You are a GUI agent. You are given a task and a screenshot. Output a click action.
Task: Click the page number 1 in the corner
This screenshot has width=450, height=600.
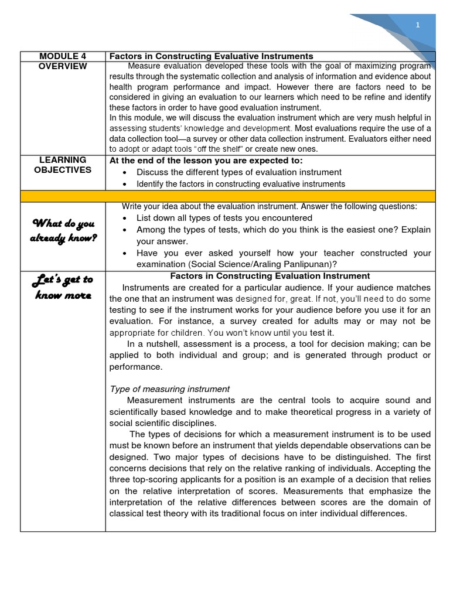pos(418,25)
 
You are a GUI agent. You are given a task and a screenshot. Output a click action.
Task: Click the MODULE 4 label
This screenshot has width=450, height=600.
pos(63,56)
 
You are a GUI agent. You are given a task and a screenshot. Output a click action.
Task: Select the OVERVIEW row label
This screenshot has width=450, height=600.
pos(63,66)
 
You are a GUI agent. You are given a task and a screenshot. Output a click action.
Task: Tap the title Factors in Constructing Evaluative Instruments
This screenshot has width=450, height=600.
pos(212,56)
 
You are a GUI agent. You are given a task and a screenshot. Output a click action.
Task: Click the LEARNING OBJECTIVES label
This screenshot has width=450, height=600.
pos(63,165)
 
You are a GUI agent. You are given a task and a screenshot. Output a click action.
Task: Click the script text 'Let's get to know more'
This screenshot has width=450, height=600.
pos(63,287)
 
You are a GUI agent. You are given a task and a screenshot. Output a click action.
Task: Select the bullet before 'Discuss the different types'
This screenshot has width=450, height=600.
pos(127,172)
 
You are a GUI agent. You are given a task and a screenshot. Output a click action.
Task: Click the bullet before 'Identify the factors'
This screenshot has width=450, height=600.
pos(127,184)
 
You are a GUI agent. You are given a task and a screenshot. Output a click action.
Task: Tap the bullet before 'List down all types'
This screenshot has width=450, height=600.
pos(127,218)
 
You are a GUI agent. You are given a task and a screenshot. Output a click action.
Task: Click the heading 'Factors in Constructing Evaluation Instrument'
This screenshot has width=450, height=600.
pos(270,275)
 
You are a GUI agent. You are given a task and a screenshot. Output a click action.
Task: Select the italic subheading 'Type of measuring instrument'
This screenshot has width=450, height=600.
pos(169,388)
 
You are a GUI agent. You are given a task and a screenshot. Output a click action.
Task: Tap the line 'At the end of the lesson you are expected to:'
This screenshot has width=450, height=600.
pos(206,161)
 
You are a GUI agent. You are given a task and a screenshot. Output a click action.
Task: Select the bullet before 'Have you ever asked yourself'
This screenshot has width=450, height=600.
pos(127,253)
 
